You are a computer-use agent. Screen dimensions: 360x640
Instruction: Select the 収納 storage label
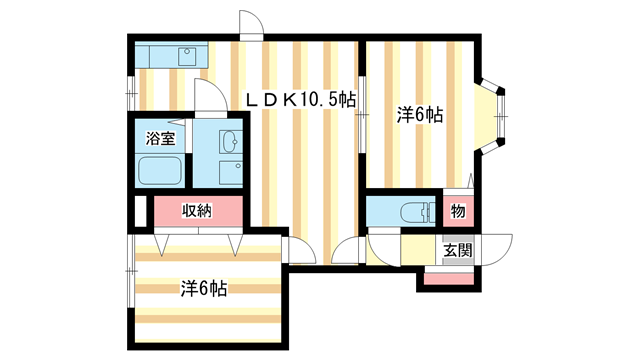[x=197, y=210]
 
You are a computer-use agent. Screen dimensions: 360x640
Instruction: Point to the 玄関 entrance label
[x=458, y=250]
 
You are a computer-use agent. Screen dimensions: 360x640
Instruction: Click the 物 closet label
[x=457, y=212]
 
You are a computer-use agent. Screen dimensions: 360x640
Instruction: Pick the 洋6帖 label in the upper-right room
[x=420, y=116]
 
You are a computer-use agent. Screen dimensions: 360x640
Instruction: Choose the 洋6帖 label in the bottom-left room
[x=204, y=289]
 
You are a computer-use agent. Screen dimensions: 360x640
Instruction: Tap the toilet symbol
[x=412, y=212]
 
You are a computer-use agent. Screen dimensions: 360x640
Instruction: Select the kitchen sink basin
[x=186, y=56]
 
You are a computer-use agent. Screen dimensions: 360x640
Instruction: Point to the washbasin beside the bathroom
[x=229, y=140]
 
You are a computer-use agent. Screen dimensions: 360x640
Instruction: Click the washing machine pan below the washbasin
[x=230, y=172]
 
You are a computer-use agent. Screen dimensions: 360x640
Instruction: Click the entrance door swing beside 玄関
[x=496, y=249]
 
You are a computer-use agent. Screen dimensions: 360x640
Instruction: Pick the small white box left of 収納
[x=140, y=212]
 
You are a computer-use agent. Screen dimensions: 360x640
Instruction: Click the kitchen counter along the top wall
[x=170, y=54]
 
